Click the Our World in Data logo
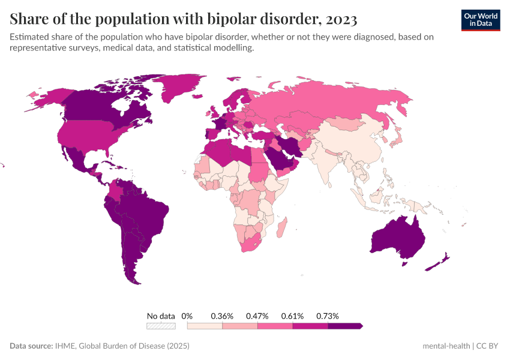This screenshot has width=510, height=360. (x=480, y=19)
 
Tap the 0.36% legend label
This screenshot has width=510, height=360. (x=222, y=316)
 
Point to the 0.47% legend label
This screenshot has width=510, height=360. (x=257, y=316)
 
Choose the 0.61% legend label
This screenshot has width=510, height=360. (x=293, y=316)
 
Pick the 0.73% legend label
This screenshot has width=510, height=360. (x=328, y=316)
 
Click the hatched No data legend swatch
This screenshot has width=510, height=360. (x=161, y=326)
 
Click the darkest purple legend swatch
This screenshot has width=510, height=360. (x=345, y=326)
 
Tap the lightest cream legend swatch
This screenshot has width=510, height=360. (x=205, y=326)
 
